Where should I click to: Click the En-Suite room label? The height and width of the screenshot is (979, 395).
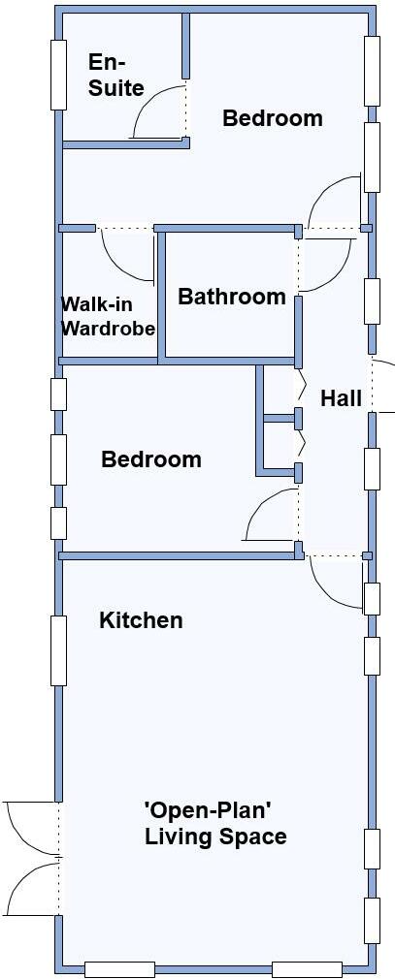(x=115, y=76)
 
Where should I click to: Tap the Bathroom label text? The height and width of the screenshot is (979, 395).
(x=232, y=297)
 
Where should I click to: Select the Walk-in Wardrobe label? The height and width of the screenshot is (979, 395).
(x=108, y=316)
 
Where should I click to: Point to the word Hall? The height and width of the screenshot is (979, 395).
(x=341, y=397)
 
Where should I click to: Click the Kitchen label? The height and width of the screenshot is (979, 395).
(x=141, y=620)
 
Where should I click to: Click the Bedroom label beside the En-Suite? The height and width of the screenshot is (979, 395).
(x=272, y=118)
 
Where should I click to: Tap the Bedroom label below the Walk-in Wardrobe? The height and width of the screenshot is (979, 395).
(x=150, y=459)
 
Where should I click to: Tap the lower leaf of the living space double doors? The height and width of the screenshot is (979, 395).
(x=29, y=887)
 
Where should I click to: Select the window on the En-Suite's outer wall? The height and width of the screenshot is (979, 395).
(x=58, y=76)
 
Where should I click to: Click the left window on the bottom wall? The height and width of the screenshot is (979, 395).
(x=119, y=968)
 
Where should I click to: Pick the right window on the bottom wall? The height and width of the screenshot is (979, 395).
(x=307, y=968)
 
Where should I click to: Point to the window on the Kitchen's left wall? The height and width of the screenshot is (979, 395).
(x=58, y=650)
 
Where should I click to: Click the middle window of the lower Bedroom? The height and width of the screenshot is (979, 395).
(x=58, y=459)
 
